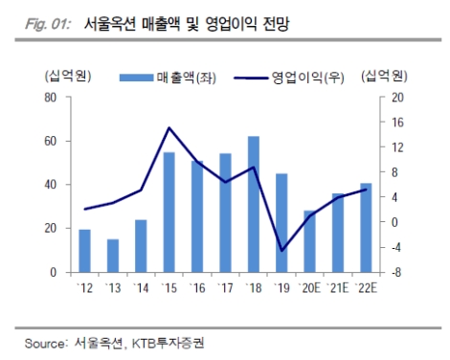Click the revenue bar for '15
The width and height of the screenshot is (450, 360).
[x=169, y=212]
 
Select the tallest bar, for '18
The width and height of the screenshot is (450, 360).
[x=253, y=204]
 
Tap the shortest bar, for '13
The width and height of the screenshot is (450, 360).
[x=113, y=255]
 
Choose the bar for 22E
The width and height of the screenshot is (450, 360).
[x=366, y=227]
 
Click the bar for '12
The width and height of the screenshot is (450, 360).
[x=85, y=250]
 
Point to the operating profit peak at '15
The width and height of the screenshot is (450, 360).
[x=169, y=127]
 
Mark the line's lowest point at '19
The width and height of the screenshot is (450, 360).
[x=281, y=251]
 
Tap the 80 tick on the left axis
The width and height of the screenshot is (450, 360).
[x=50, y=98]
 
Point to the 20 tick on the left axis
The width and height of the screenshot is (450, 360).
[x=50, y=229]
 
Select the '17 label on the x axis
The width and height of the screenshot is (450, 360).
[x=225, y=287]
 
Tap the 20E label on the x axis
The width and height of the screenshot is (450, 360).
[x=310, y=287]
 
